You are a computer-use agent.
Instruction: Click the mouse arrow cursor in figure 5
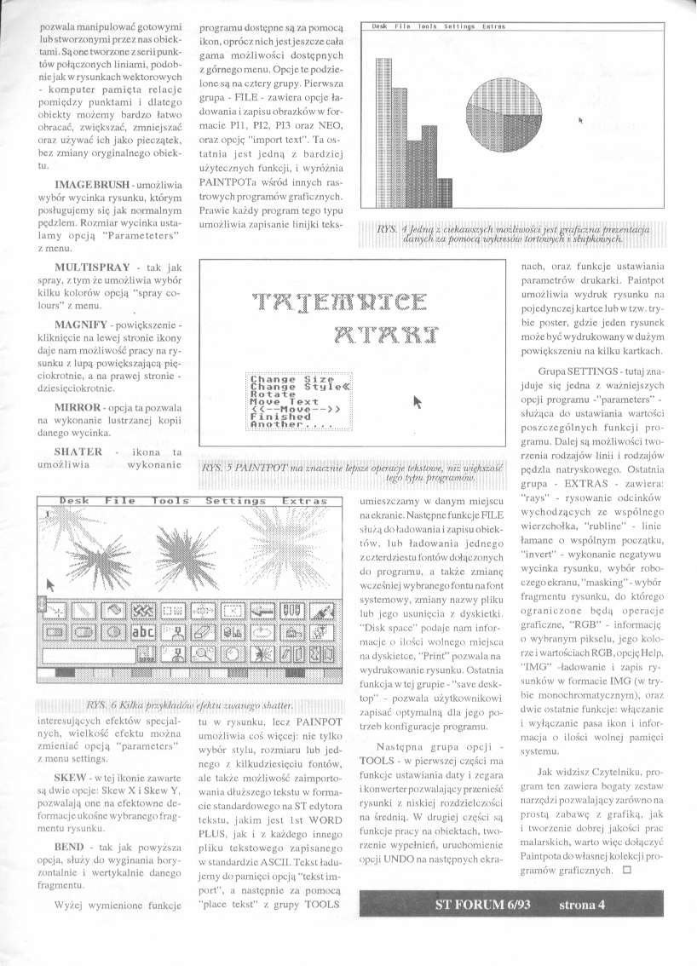[418, 401]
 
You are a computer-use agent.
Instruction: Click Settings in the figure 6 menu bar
[235, 502]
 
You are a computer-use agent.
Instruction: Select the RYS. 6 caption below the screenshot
[189, 705]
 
